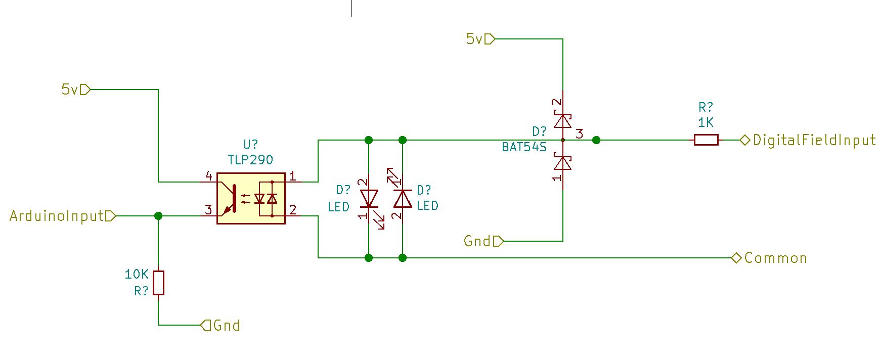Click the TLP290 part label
pos(250,160)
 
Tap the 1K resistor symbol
pos(706,140)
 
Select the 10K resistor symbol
pos(159,283)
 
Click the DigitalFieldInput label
pos(814,140)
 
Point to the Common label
pos(775,258)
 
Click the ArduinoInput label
pos(56,216)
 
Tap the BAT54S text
pos(524,147)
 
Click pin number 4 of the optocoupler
pos(209,176)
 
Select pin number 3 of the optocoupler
pos(208,209)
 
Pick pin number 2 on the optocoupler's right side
pos(292,209)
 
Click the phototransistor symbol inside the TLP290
pos(231,199)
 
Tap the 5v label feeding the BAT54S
pos(474,39)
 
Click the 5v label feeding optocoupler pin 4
pos(69,90)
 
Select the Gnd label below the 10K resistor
pos(227,325)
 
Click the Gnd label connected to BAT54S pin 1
pos(477,242)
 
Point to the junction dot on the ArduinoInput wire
pos(158,216)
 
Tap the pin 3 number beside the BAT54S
pos(580,134)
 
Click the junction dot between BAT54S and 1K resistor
pos(596,140)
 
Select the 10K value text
pos(137,275)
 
